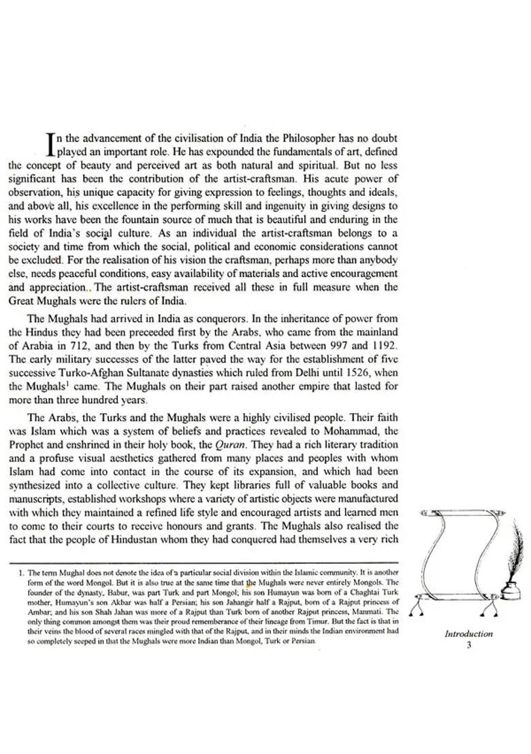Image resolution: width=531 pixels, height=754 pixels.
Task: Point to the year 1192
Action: pos(384,346)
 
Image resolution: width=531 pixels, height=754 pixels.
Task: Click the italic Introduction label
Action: pos(468,634)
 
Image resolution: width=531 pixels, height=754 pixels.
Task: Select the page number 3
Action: pos(468,645)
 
